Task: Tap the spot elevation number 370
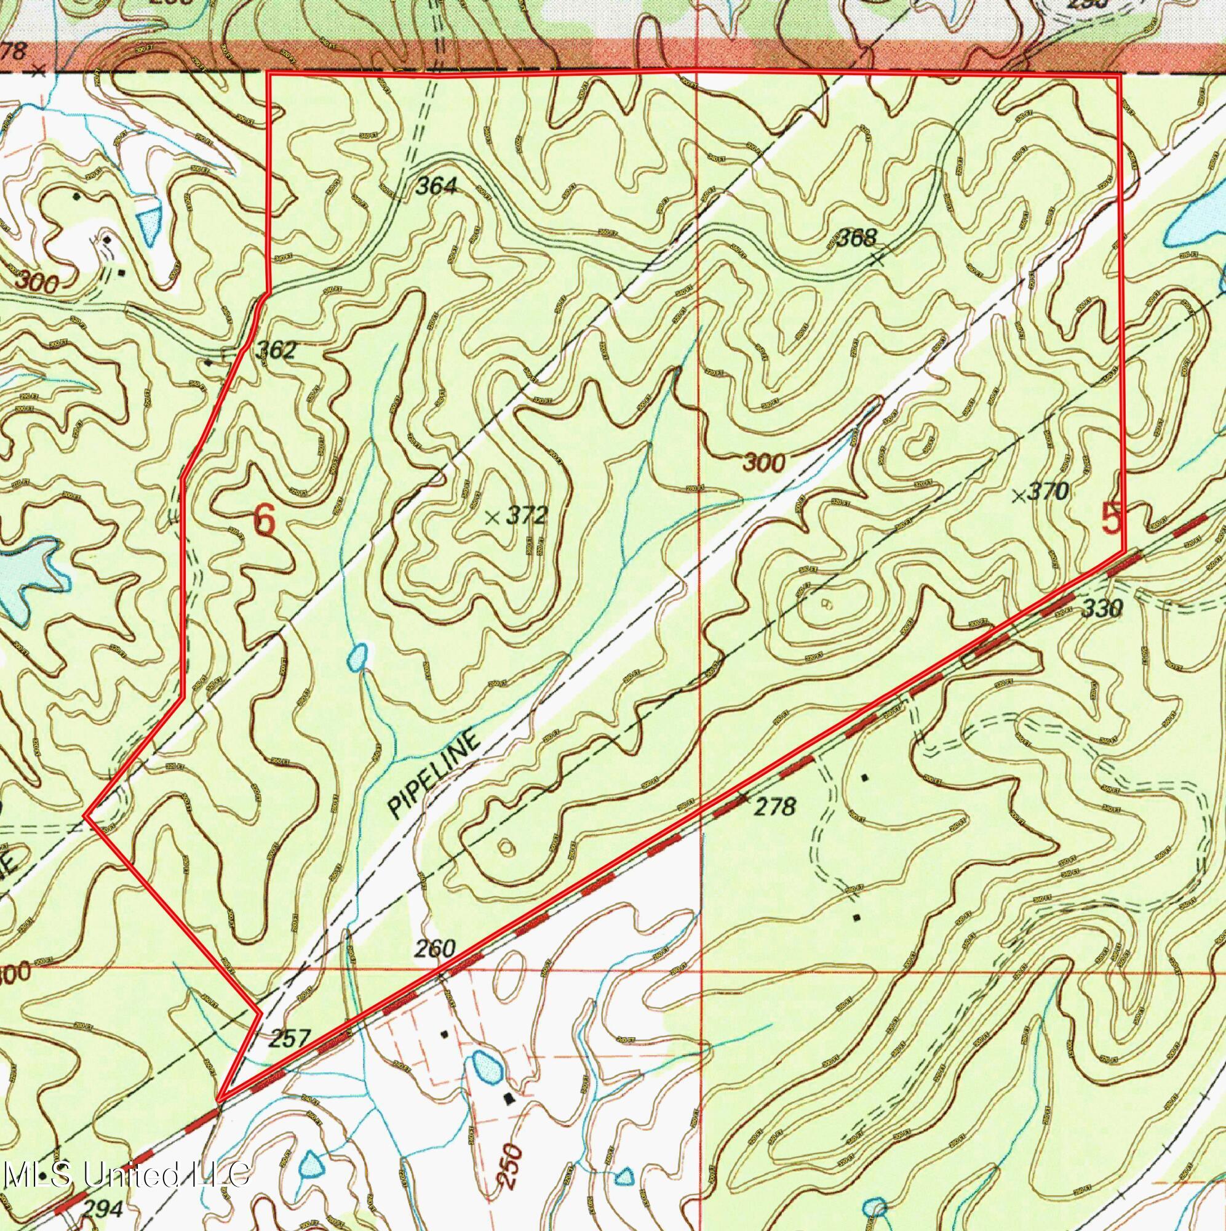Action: click(1048, 491)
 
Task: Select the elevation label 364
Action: click(436, 186)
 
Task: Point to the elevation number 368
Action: click(855, 238)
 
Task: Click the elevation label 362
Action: click(275, 350)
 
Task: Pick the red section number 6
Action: click(265, 520)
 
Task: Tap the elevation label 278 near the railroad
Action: click(775, 808)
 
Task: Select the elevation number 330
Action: click(1102, 609)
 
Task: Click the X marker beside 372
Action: click(492, 518)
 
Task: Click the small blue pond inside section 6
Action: click(357, 657)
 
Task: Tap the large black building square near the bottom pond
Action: click(508, 1098)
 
